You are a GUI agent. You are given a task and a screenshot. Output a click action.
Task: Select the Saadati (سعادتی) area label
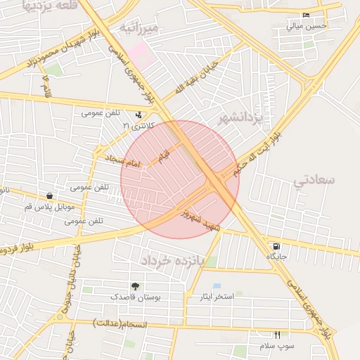pos(314,180)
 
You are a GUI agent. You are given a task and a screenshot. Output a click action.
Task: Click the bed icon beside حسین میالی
pos(305,15)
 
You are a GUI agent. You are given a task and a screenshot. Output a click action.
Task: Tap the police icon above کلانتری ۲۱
pos(139,115)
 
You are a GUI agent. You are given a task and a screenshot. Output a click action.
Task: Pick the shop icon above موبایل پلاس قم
pos(49,196)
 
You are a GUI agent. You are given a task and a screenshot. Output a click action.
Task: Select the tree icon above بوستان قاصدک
pos(135,287)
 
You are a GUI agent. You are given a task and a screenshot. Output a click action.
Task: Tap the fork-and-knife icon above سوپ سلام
pos(277,335)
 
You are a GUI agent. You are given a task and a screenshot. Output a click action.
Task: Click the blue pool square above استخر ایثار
pos(217,286)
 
